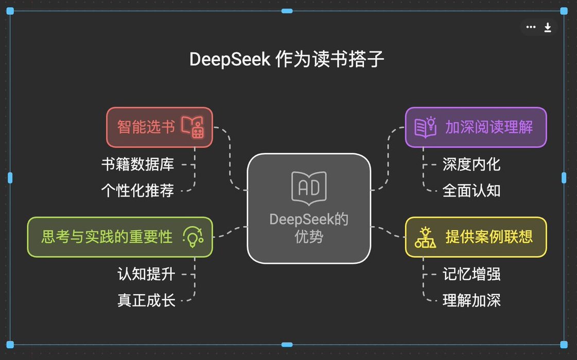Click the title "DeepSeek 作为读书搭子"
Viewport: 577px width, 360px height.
click(x=287, y=60)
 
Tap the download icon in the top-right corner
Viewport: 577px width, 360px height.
click(x=548, y=28)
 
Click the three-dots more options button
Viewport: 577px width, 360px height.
click(x=531, y=27)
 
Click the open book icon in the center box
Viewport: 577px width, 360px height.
click(x=309, y=188)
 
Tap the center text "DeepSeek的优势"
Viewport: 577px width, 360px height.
click(x=309, y=228)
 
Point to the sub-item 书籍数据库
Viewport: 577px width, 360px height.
click(x=137, y=165)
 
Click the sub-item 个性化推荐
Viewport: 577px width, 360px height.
click(x=137, y=191)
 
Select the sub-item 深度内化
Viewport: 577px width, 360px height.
click(x=471, y=165)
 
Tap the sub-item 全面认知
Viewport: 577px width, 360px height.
click(x=471, y=191)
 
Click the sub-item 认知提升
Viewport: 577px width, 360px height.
click(x=146, y=274)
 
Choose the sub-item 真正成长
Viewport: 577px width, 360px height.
click(x=146, y=301)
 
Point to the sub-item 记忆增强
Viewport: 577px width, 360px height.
click(x=471, y=274)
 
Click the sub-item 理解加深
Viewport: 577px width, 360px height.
click(x=471, y=301)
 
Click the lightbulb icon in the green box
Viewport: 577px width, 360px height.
click(x=193, y=237)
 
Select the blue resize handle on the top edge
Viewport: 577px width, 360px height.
click(x=287, y=11)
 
